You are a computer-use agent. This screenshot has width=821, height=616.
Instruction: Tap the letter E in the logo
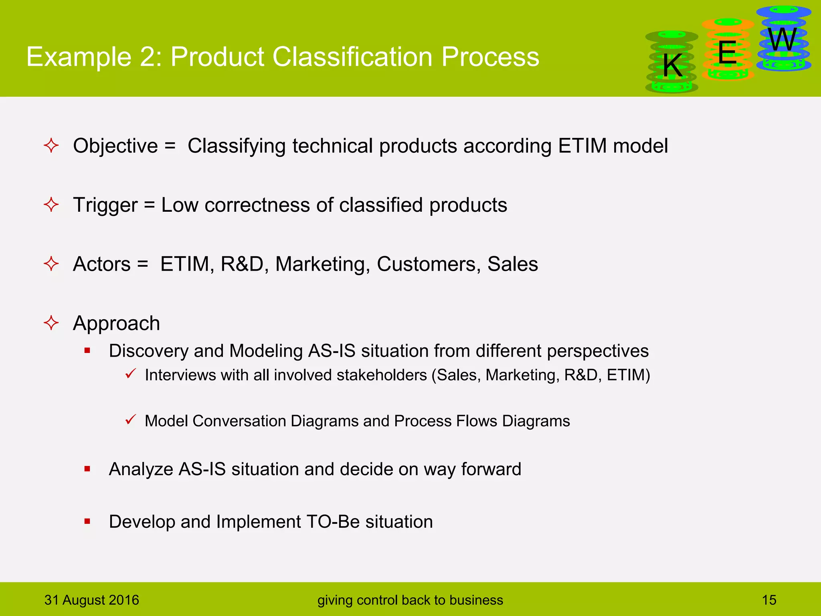727,53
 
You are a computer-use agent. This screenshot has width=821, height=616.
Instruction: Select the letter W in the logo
783,40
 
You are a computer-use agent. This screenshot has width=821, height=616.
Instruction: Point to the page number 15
769,600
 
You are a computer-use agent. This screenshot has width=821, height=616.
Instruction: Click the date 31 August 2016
92,600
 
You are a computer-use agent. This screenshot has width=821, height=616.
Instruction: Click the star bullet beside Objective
51,145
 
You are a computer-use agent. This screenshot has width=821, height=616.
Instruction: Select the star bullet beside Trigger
51,205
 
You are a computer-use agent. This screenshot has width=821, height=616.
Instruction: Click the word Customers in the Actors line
429,264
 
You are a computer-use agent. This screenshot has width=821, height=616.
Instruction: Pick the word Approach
117,323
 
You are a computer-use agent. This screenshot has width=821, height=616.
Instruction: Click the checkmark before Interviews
131,374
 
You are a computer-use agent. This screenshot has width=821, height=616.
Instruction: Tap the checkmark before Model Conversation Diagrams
131,419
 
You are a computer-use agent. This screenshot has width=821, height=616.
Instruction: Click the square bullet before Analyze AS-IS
87,468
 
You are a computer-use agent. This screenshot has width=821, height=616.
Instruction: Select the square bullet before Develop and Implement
87,521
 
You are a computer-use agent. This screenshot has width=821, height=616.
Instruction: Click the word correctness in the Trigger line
257,205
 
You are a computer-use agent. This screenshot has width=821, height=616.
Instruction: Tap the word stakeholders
382,375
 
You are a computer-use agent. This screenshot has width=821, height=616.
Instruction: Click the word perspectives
597,351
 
